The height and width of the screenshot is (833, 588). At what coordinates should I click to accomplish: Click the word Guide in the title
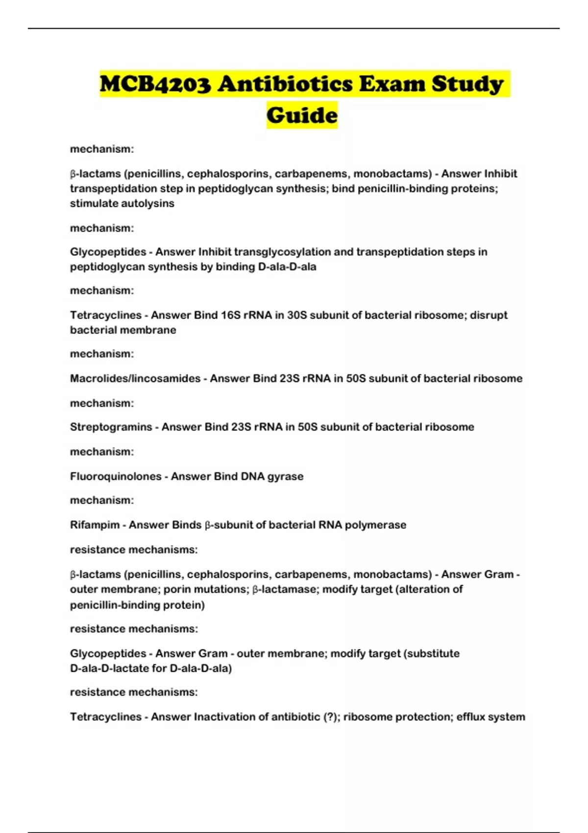coord(302,116)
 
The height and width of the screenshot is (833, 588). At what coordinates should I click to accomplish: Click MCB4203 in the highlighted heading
coord(155,84)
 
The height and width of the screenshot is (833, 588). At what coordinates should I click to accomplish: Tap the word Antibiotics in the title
coord(285,84)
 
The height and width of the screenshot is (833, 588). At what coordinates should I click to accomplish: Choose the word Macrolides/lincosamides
coord(135,378)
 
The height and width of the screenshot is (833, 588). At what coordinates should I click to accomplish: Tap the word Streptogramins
coord(111,427)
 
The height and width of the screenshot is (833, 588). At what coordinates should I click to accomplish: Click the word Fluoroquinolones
coord(116,476)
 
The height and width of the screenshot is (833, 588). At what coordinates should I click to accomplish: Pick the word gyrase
coord(285,476)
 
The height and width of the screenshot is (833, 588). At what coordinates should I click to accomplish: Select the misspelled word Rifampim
coord(95,525)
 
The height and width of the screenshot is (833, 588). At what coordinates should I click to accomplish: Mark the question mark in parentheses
coord(328,717)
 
